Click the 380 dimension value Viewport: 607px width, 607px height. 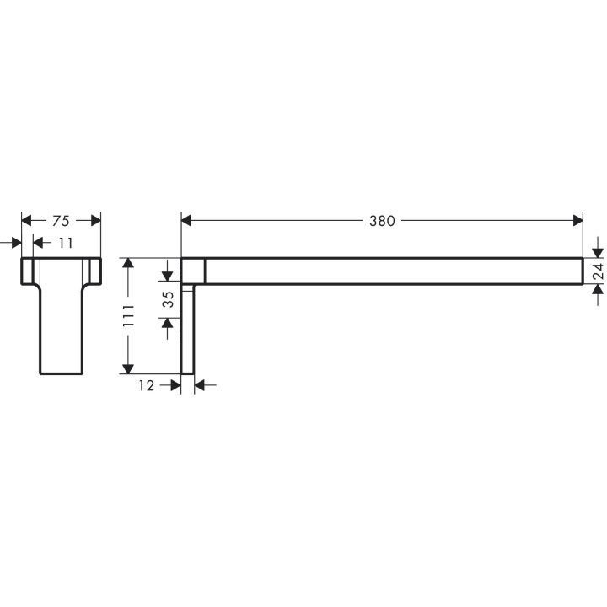pyautogui.click(x=382, y=221)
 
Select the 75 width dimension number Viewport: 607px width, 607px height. pyautogui.click(x=61, y=221)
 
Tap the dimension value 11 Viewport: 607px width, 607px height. pyautogui.click(x=66, y=244)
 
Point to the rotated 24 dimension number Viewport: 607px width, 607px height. pyautogui.click(x=596, y=271)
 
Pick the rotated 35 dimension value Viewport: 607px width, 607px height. pyautogui.click(x=168, y=299)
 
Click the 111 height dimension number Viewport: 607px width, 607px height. pyautogui.click(x=128, y=315)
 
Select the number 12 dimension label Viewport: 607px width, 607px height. pyautogui.click(x=147, y=385)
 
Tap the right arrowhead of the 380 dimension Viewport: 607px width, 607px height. pyautogui.click(x=577, y=221)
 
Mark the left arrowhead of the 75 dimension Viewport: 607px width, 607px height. pyautogui.click(x=26, y=221)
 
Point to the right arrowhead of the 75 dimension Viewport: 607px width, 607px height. pyautogui.click(x=95, y=221)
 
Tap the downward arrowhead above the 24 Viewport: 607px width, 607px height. pyautogui.click(x=596, y=251)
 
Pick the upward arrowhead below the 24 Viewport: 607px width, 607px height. pyautogui.click(x=596, y=290)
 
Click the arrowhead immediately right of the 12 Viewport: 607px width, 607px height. pyautogui.click(x=175, y=385)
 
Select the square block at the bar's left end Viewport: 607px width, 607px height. pyautogui.click(x=193, y=271)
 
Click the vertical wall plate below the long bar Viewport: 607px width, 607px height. pyautogui.click(x=189, y=329)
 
